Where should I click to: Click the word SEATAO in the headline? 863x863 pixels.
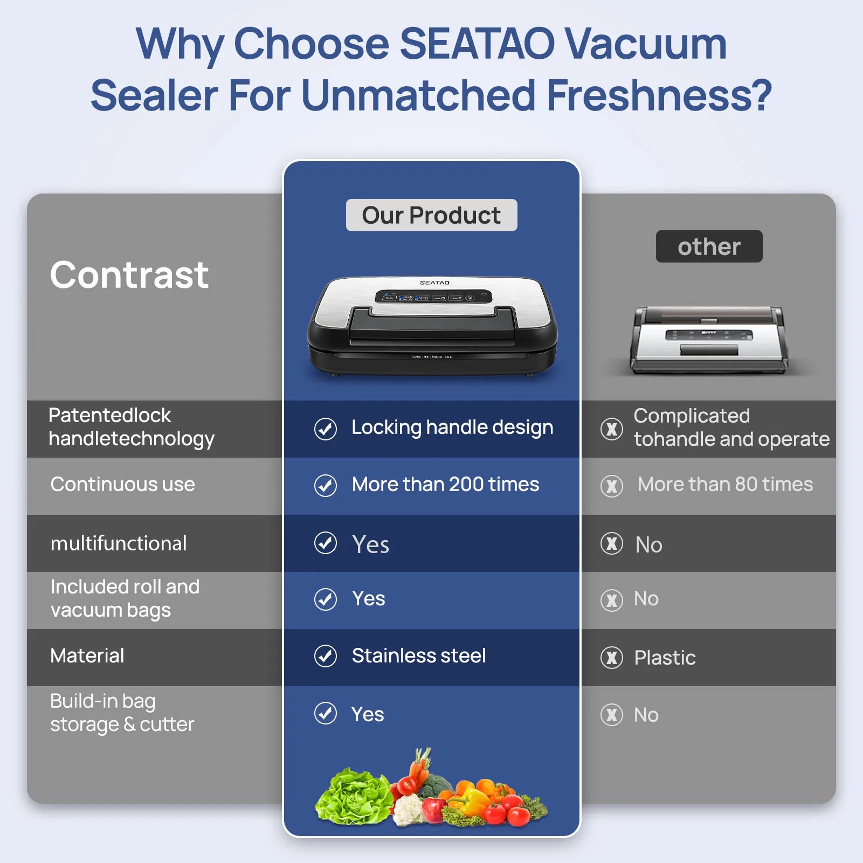tap(477, 44)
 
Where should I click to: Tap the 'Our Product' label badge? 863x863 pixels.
tap(431, 215)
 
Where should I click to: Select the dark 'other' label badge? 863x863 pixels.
tap(709, 246)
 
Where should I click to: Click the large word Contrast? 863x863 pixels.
tap(129, 275)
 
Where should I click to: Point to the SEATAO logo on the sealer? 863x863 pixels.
tap(434, 282)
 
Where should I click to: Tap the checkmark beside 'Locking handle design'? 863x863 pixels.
tap(326, 429)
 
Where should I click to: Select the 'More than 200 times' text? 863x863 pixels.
tap(445, 484)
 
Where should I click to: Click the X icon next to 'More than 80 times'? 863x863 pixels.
tap(612, 486)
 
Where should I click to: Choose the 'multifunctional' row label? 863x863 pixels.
tap(119, 543)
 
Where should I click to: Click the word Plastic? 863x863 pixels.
tap(665, 658)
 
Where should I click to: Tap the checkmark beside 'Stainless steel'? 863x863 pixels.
tap(326, 656)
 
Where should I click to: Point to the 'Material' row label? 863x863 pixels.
tap(87, 655)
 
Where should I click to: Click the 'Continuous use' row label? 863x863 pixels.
tap(122, 484)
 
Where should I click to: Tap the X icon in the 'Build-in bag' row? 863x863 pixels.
tap(612, 715)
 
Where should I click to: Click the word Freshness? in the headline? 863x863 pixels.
tap(659, 95)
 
